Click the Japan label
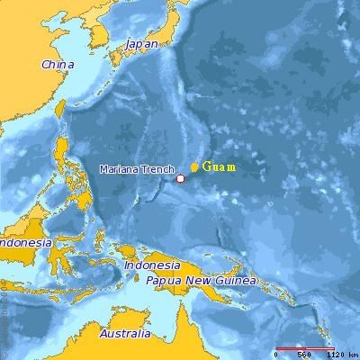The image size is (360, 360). click(x=141, y=43)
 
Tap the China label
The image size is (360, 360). click(x=58, y=64)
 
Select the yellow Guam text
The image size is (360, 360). click(x=220, y=166)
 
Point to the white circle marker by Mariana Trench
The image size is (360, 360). click(x=180, y=178)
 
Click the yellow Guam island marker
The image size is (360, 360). click(x=194, y=167)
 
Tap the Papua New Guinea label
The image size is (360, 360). click(x=202, y=280)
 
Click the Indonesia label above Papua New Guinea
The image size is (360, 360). click(x=152, y=265)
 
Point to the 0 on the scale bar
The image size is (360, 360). click(x=277, y=354)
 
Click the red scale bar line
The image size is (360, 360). click(x=305, y=347)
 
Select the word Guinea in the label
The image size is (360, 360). click(x=236, y=280)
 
